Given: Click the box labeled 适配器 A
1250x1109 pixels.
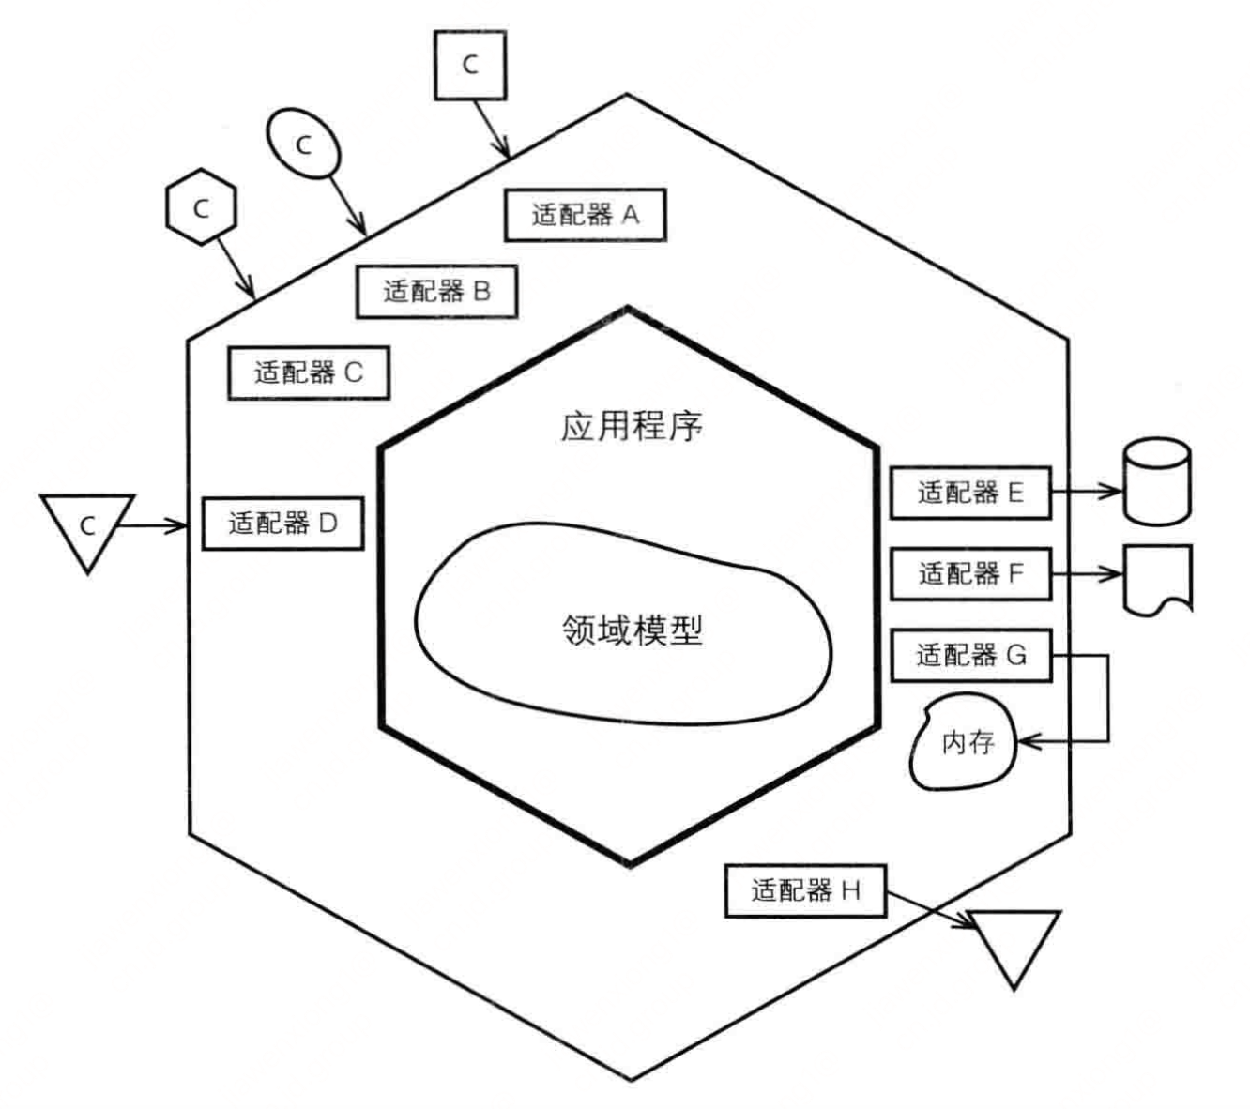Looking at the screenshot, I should pos(585,215).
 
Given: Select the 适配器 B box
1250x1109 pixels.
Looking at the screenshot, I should pos(436,291).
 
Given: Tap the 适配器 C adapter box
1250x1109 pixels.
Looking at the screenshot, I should pos(308,372).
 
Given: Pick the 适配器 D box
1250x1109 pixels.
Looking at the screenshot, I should pos(282,523).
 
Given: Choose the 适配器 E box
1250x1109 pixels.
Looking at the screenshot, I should pos(969,493).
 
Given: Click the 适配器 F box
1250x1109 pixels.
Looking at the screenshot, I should pos(969,573).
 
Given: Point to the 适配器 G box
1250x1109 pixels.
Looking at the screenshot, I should pos(969,655).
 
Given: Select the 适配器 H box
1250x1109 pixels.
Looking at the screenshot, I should pos(805,890).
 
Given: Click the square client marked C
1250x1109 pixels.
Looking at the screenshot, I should pos(470,65).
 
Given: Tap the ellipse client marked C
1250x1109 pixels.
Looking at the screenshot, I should pos(304,144).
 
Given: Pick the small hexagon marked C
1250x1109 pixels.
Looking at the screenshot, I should pos(201,208).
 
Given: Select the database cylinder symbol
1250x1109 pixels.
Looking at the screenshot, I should pos(1157,480).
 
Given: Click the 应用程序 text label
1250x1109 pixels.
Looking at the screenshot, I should pos(632,427).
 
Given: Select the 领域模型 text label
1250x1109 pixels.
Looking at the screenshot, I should pos(632,630).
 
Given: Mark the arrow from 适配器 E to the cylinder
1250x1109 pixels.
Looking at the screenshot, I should pos(1086,492).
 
